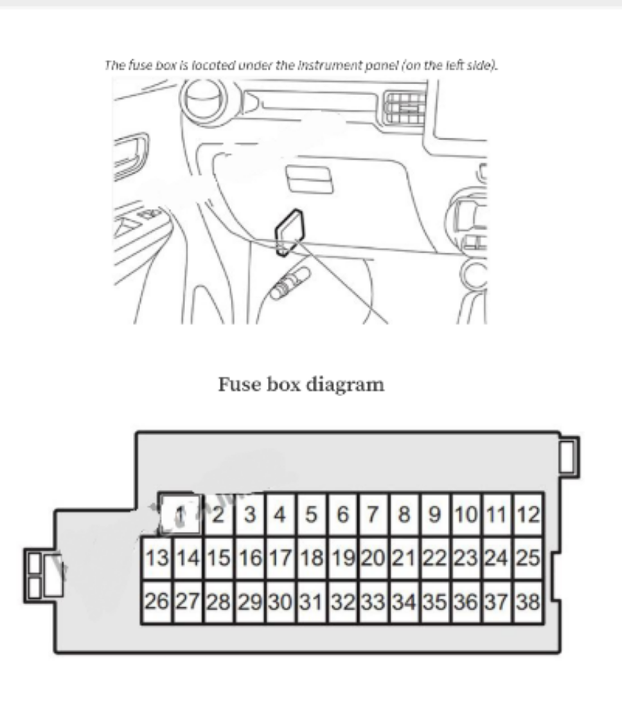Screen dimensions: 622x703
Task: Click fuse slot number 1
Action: click(181, 515)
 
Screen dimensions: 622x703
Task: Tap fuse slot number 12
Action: click(529, 515)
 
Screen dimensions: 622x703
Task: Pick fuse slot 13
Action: click(157, 558)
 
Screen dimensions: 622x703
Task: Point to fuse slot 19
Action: click(343, 558)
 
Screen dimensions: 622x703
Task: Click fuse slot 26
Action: click(157, 602)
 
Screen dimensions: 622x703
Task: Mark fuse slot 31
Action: click(312, 602)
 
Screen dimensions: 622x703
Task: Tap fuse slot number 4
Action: click(280, 515)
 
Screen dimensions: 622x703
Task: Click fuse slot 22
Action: click(436, 558)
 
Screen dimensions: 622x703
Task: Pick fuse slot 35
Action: click(436, 602)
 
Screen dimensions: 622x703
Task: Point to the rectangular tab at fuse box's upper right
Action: click(569, 457)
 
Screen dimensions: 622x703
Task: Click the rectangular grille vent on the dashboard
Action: click(404, 106)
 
